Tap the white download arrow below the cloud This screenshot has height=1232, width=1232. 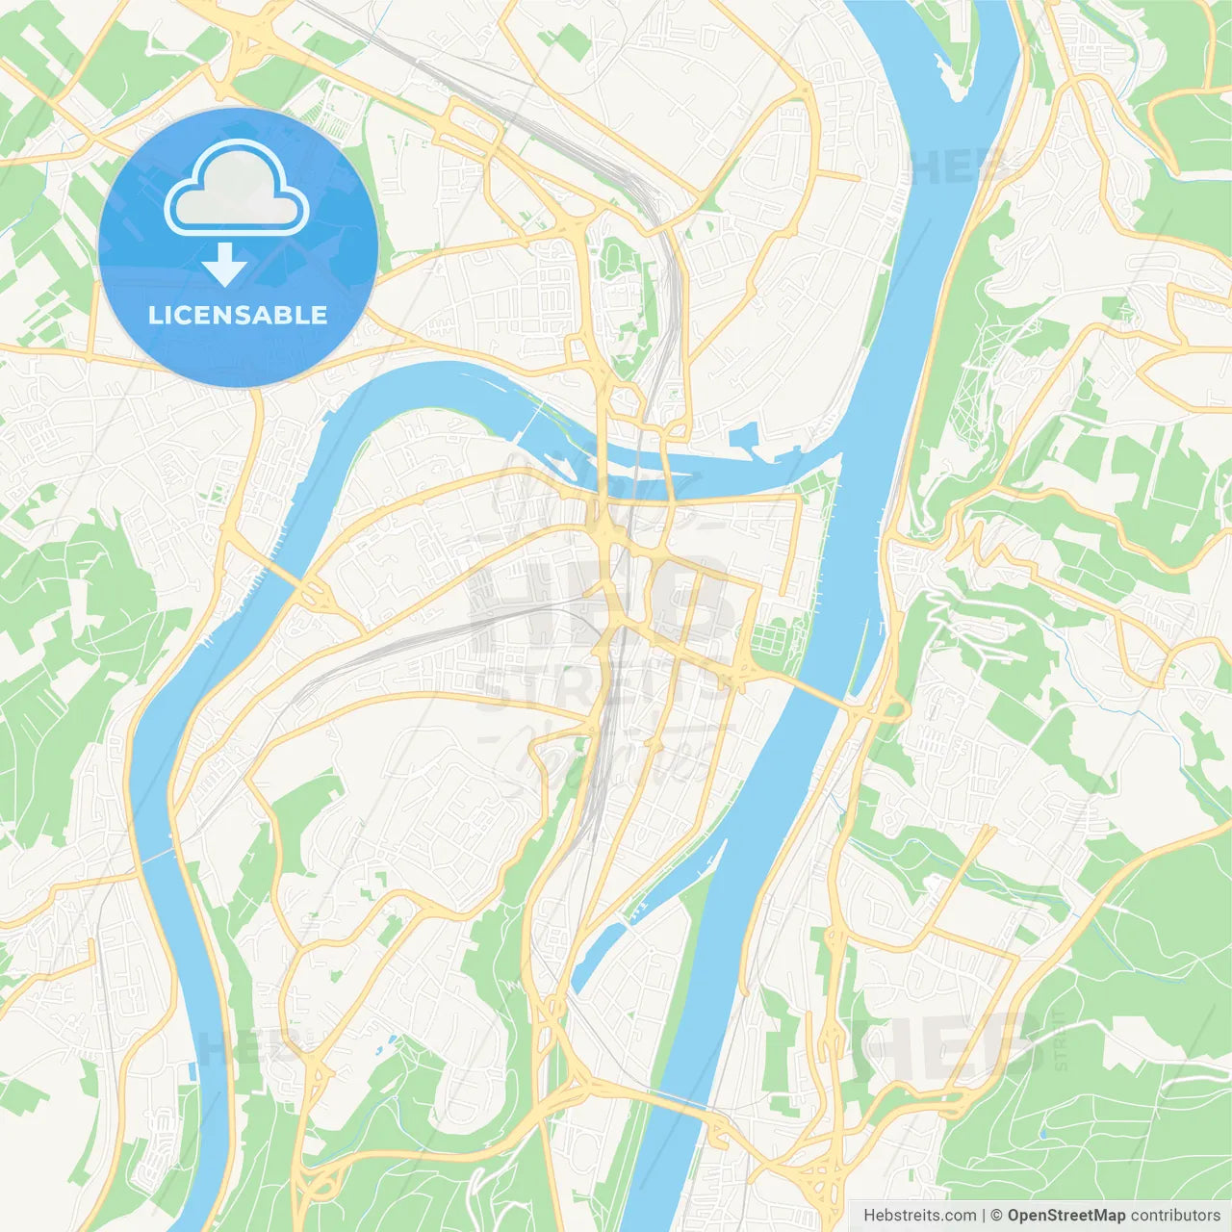click(224, 265)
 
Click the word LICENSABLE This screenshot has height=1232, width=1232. click(238, 315)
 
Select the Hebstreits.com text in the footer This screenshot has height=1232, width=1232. click(919, 1216)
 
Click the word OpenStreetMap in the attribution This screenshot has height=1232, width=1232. click(1065, 1216)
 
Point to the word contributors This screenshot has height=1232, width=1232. click(1175, 1216)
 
